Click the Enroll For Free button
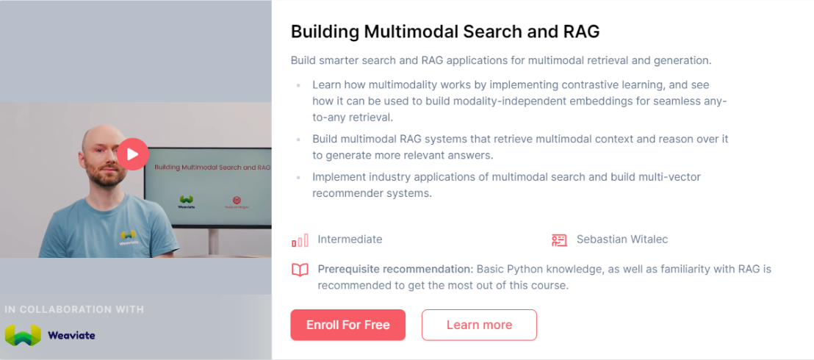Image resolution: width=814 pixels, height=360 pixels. click(x=347, y=325)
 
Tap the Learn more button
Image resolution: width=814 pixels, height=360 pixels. click(x=479, y=325)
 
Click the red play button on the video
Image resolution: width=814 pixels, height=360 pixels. click(x=132, y=154)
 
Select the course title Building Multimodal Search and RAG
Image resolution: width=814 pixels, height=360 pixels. click(x=445, y=32)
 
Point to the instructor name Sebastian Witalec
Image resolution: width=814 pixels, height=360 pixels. click(x=622, y=240)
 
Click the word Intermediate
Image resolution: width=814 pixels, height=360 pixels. click(x=350, y=240)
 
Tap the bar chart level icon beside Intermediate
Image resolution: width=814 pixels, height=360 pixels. click(x=300, y=240)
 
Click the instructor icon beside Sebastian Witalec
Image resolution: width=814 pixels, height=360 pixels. click(x=559, y=240)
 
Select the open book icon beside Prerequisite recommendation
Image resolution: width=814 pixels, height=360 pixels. click(x=300, y=270)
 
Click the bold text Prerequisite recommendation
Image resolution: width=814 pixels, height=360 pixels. click(x=395, y=269)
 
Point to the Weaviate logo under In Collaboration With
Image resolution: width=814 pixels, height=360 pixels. click(x=50, y=335)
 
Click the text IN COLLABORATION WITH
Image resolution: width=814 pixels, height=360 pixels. click(x=74, y=309)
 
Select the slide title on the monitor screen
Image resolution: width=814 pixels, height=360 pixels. click(x=212, y=168)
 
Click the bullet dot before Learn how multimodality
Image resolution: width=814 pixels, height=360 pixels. click(x=298, y=85)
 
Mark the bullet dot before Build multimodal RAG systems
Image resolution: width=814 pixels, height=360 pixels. click(x=298, y=139)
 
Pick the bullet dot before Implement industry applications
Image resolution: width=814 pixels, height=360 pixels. click(x=298, y=177)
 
